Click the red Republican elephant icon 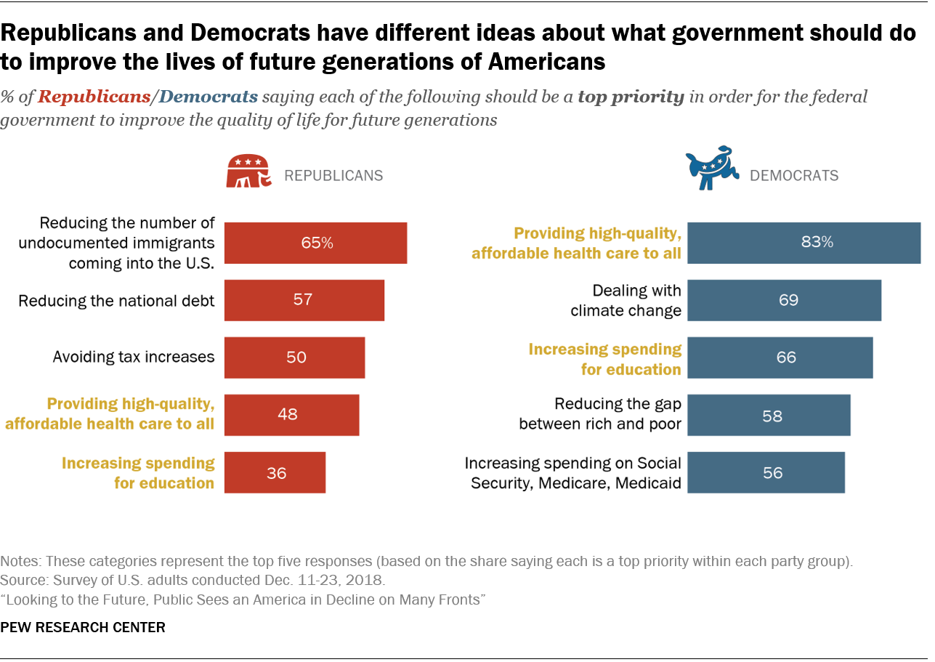248,172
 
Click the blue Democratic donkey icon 712,168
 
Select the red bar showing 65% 315,243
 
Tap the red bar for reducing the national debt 304,300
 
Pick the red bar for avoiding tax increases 294,358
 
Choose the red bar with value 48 291,415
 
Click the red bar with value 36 275,472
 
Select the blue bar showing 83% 804,243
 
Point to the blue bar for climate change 784,300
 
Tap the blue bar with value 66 780,358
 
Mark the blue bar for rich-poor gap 769,415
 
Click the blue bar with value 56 766,472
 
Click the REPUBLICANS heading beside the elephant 333,176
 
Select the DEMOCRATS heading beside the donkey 794,176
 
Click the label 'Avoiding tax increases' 134,357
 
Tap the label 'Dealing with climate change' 626,301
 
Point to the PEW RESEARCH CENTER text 83,627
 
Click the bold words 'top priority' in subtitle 631,97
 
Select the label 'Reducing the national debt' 116,300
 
